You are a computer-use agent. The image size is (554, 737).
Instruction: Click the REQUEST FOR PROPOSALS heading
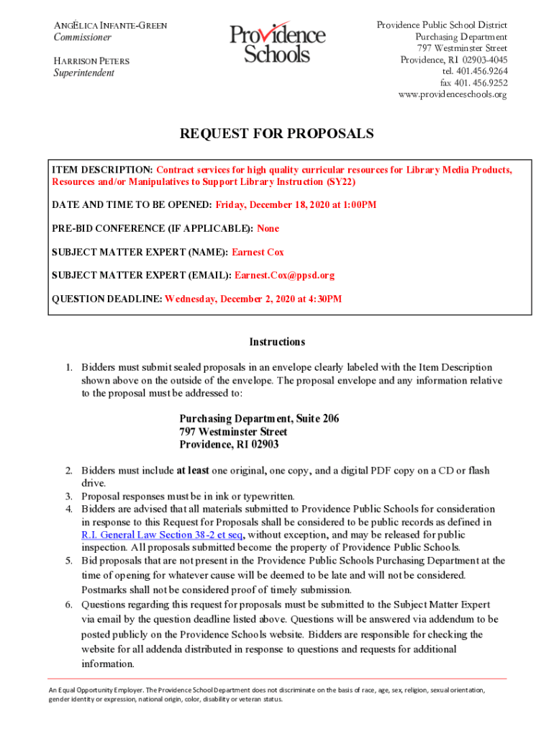click(x=277, y=134)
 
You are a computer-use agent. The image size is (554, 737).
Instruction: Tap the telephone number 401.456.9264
click(x=475, y=71)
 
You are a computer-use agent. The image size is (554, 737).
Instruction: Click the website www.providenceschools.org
click(x=453, y=94)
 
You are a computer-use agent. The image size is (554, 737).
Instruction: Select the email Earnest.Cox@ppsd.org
click(x=284, y=275)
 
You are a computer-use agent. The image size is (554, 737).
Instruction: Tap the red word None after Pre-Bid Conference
click(x=268, y=228)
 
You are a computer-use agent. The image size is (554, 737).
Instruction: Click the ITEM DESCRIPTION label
click(x=101, y=170)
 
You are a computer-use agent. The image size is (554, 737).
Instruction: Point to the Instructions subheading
click(x=277, y=342)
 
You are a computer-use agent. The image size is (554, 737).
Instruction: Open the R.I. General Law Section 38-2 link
click(x=163, y=535)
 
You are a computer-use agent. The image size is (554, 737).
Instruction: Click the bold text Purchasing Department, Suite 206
click(x=259, y=419)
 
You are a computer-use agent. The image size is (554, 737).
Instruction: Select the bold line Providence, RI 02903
click(x=229, y=444)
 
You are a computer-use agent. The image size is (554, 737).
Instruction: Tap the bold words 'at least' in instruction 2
click(x=193, y=471)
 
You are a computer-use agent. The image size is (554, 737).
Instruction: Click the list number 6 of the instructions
click(x=70, y=605)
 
